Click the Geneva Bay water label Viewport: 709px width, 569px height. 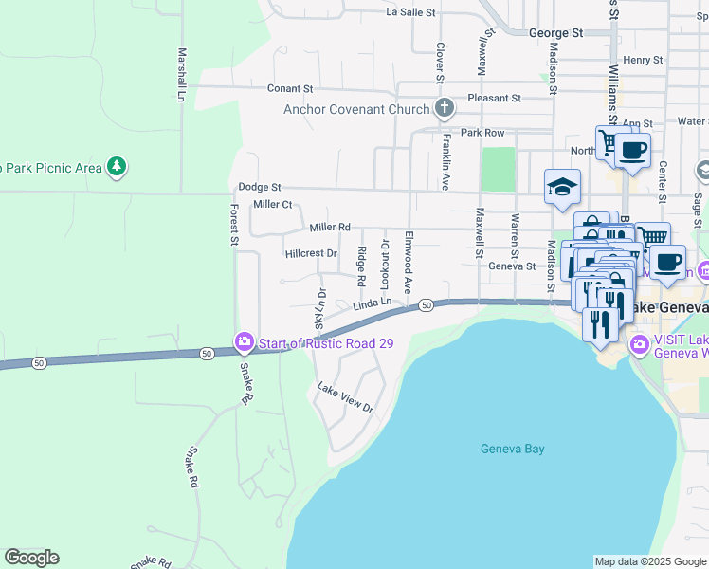pos(512,449)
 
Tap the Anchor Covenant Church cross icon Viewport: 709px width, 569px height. pos(443,109)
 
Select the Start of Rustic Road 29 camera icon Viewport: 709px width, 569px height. pos(244,342)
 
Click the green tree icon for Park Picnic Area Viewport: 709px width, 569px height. pos(116,168)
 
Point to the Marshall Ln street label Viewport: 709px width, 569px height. pos(180,75)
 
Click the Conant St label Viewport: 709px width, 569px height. pos(289,88)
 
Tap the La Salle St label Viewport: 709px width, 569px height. pos(410,12)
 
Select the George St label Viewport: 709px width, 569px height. pos(555,32)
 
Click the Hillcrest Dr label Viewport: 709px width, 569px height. pos(311,253)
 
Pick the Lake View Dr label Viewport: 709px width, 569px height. pos(345,398)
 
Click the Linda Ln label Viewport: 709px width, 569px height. pos(373,304)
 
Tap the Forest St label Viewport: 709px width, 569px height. pos(234,224)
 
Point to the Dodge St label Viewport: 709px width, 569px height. pos(260,188)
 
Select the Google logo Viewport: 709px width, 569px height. pos(31,558)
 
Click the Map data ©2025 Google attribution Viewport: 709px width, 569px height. pos(649,561)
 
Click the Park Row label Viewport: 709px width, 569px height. pos(482,133)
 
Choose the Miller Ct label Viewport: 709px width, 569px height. pos(272,205)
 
